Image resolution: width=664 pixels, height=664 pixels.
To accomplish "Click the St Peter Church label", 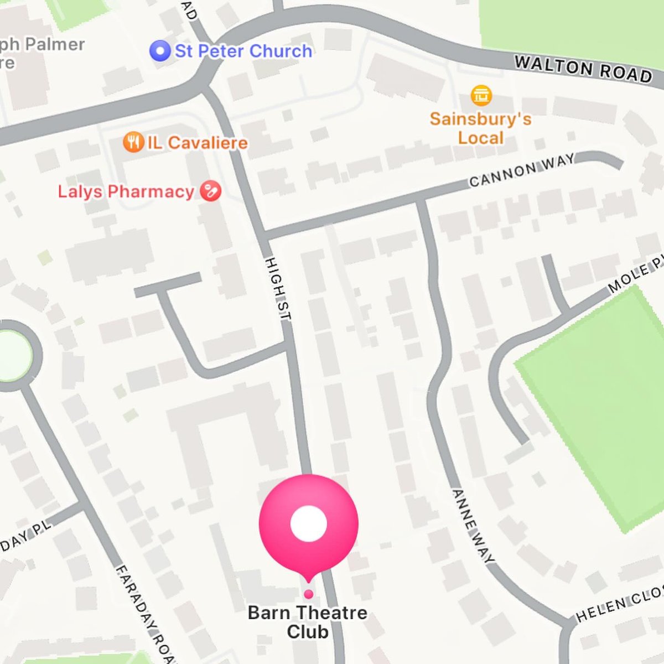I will point(243,51).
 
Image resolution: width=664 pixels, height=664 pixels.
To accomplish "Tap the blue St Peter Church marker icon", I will point(160,51).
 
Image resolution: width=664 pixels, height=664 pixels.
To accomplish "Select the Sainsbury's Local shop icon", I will point(481,95).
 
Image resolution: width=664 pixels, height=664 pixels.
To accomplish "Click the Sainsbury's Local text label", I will point(481,128).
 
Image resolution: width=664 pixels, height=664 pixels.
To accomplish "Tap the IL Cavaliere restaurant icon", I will point(133,143).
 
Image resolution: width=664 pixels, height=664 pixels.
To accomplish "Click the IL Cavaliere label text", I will point(197,143).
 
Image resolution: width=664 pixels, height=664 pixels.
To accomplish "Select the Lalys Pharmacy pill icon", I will point(210,191).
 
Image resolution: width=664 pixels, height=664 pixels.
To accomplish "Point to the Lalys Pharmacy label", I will point(126,192).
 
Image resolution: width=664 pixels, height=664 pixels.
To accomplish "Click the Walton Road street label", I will point(583,69).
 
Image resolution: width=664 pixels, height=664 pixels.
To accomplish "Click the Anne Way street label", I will point(473,526).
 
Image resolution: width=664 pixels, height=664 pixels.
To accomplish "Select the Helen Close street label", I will point(620,606).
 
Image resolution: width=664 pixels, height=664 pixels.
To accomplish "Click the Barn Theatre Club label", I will point(308,622).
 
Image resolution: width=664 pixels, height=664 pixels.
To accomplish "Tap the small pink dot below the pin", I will point(309,594).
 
